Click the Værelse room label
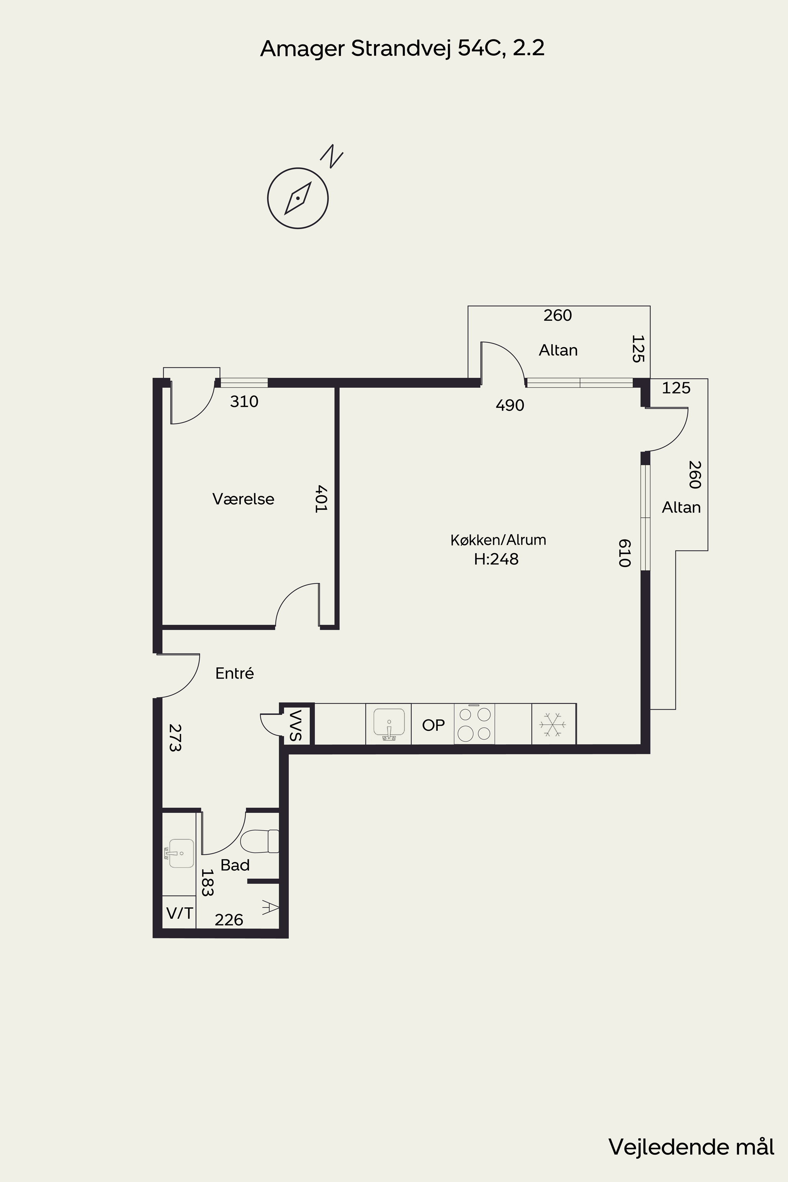243,499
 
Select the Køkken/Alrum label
498,540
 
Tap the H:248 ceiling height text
496,559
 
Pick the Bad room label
235,865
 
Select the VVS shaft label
295,725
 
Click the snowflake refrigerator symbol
553,725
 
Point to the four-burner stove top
474,724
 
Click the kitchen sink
389,725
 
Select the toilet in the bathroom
260,841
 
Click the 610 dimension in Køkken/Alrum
624,553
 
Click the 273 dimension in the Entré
175,738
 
